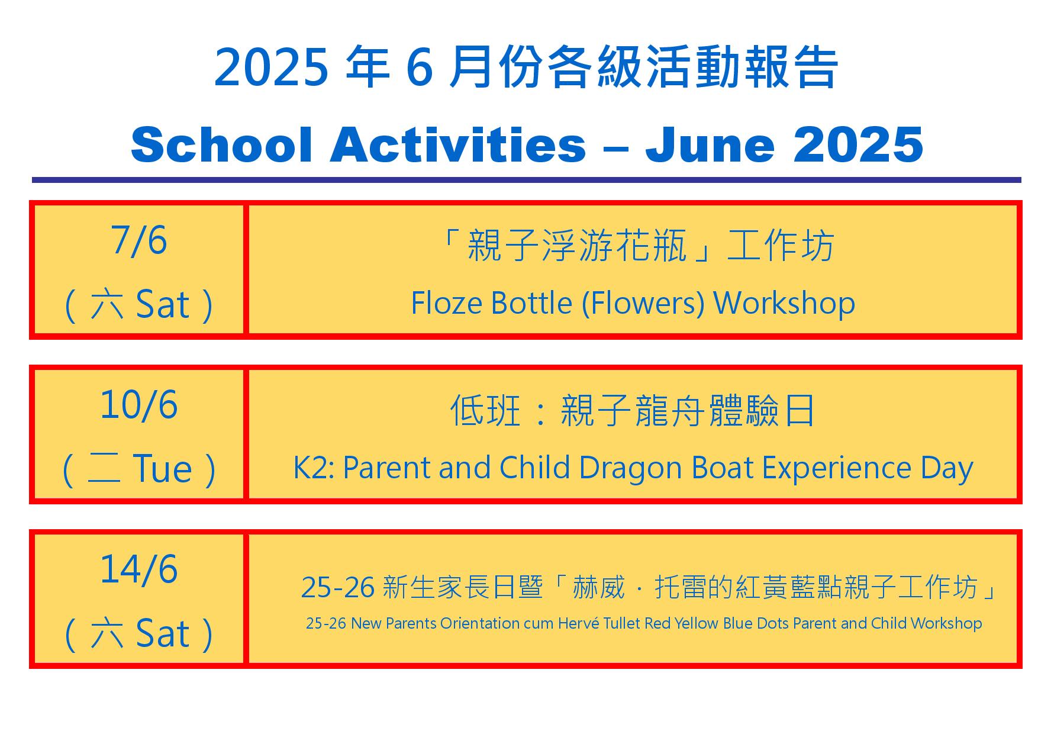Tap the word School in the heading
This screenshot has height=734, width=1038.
pos(221,144)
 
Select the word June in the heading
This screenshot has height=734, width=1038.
pos(710,144)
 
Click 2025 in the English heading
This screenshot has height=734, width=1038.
pos(858,144)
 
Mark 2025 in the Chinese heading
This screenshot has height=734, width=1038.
pos(271,67)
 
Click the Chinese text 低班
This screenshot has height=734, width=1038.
pos(485,410)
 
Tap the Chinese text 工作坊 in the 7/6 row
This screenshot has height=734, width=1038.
pos(781,246)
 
